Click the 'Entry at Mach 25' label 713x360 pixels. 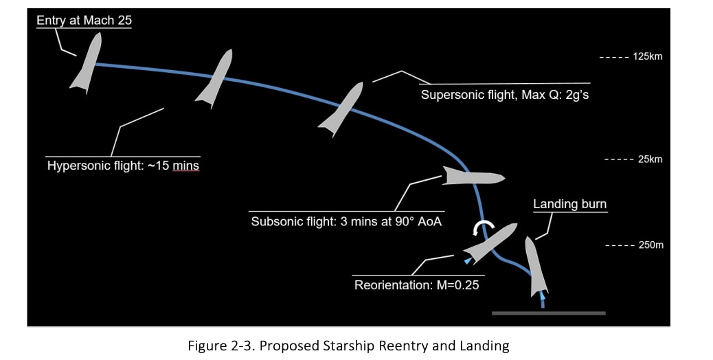[84, 21]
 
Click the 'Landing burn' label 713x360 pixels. [569, 204]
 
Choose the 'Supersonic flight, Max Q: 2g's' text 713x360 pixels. [504, 95]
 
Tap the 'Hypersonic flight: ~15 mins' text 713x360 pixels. [123, 166]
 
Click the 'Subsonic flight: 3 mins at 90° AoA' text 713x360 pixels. [346, 222]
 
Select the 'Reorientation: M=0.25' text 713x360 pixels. [416, 284]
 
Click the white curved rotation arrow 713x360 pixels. [486, 229]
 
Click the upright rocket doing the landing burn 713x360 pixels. [536, 267]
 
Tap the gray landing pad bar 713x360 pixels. [548, 313]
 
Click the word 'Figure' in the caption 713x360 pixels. [206, 346]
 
